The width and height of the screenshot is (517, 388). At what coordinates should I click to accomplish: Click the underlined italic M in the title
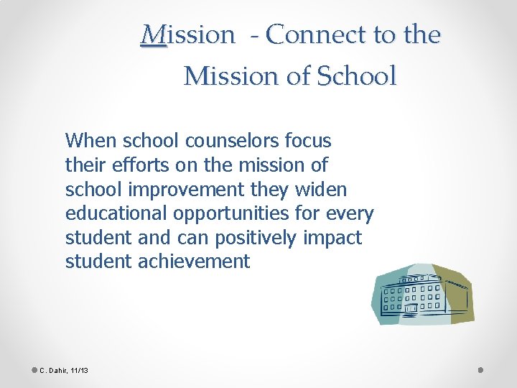(153, 34)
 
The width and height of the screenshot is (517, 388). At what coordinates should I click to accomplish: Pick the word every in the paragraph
(346, 213)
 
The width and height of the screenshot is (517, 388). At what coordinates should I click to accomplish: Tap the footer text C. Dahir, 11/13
(63, 370)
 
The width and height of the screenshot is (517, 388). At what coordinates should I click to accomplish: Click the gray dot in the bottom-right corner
(480, 369)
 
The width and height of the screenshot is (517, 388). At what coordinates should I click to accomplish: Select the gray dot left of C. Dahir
(34, 369)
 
